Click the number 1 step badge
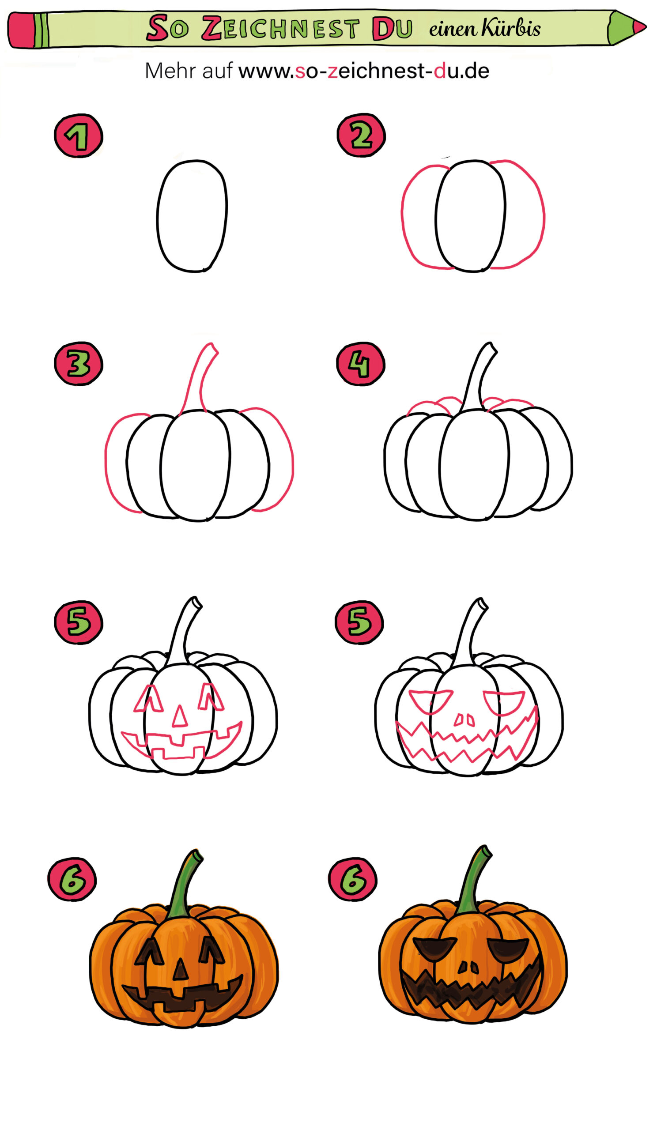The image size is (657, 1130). pos(79,136)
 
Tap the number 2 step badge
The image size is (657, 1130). pos(361,135)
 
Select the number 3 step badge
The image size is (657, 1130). pos(79,364)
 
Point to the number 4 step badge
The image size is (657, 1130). pos(361,364)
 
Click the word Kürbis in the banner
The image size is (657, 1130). pos(511,28)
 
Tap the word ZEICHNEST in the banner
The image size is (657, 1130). pos(280,29)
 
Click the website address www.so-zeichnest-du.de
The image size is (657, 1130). pos(363,71)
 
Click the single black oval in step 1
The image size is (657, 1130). pos(192,216)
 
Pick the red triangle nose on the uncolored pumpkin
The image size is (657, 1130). pos(180,716)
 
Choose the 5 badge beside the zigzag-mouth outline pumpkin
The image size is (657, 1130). pos(359,622)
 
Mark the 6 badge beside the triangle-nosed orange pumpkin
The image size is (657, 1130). pos(72,879)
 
